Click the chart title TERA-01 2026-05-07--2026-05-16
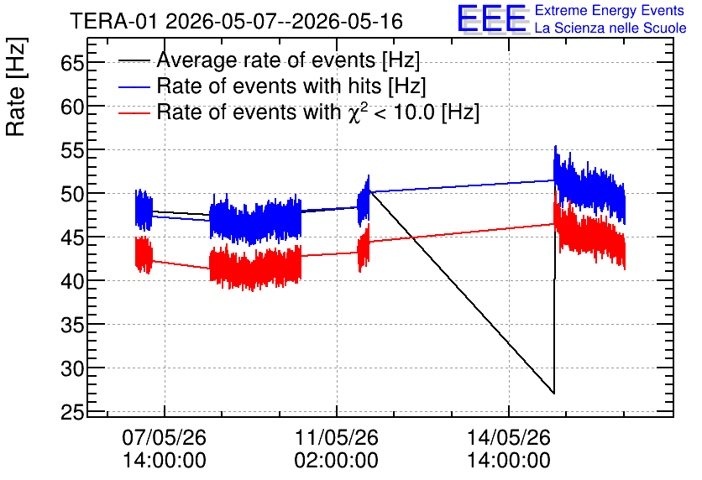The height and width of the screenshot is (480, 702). point(237,21)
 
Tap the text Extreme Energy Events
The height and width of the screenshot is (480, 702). point(610,10)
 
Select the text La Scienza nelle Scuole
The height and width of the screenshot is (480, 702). point(610,28)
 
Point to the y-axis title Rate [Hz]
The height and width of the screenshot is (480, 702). point(16,86)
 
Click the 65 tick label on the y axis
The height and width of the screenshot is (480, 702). point(72,63)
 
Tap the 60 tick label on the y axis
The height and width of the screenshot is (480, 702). point(72,107)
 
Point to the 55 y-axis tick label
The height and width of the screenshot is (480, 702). point(72,150)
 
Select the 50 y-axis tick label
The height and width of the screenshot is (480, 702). point(72,194)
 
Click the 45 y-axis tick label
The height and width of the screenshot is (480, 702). point(72,237)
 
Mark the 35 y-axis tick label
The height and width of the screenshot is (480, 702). point(72,325)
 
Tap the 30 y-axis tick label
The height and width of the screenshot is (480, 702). point(72,368)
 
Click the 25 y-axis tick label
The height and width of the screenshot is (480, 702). point(72,412)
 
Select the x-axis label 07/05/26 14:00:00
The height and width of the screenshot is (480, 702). point(165,448)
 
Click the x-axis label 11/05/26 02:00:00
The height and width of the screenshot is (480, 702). point(336,448)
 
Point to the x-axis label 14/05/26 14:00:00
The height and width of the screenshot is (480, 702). point(509,448)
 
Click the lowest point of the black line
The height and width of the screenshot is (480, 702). point(554,394)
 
